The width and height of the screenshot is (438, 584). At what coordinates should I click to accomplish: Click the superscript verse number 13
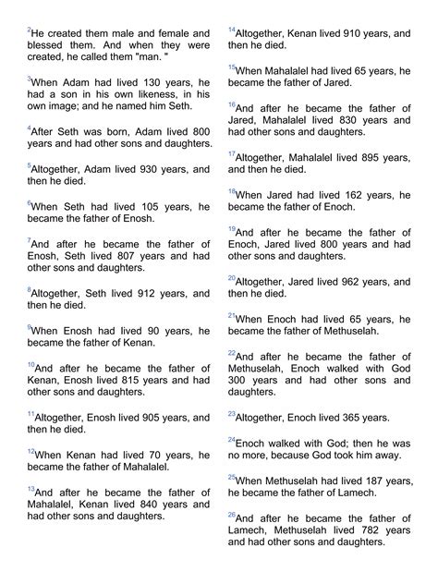[30, 488]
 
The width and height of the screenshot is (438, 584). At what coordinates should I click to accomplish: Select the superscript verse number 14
[231, 30]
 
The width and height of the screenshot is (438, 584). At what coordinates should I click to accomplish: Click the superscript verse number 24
[231, 439]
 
